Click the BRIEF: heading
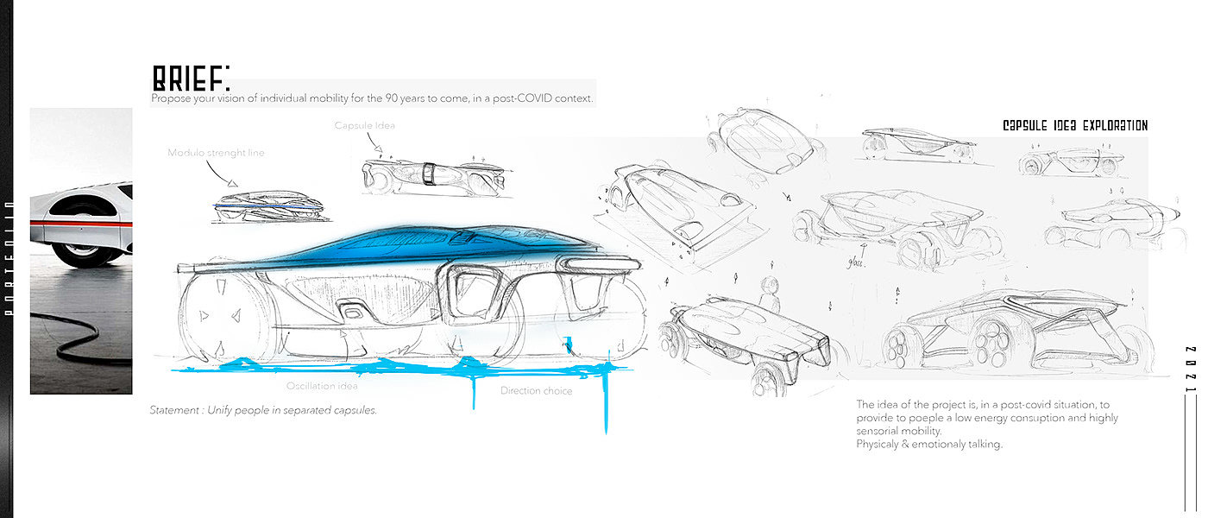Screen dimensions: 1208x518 191,79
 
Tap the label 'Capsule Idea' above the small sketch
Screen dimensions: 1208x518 364,126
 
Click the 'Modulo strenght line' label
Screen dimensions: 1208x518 216,153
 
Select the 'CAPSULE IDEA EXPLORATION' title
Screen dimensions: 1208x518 1075,126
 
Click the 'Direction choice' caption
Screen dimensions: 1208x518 536,391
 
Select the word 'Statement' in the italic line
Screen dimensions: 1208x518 174,410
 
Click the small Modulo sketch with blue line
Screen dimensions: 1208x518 267,206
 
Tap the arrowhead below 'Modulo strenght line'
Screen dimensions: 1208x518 232,182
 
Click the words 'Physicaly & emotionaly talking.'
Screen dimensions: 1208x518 929,444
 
